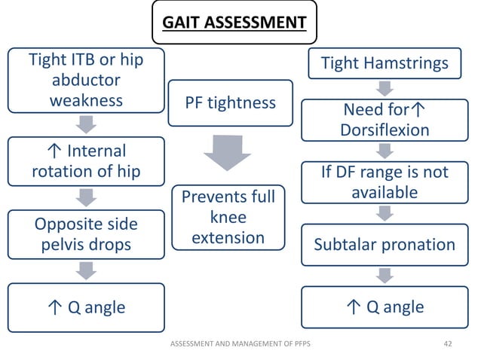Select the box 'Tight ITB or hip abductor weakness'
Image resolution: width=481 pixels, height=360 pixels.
pos(86,80)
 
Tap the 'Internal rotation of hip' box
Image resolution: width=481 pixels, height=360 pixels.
pos(86,161)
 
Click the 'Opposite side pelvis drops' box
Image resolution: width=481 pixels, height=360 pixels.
pos(86,234)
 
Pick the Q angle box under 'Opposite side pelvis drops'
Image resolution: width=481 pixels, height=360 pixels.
pos(86,307)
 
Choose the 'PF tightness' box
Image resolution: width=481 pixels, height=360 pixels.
pos(230,102)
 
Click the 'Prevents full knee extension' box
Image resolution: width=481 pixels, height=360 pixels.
pos(228,218)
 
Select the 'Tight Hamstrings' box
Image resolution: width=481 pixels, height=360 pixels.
pos(384,63)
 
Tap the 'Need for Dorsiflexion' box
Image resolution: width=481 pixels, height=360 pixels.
pos(384,120)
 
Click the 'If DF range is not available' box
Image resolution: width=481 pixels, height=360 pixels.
pos(384,182)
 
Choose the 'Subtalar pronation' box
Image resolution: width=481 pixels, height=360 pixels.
pos(384,245)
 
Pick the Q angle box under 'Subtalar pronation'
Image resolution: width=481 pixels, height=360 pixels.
pos(384,307)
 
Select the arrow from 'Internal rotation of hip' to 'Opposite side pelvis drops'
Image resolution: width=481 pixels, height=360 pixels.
pos(87,197)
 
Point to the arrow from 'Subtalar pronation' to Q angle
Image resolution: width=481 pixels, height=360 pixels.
pos(385,276)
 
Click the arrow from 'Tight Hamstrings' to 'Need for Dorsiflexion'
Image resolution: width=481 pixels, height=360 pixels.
pos(385,89)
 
